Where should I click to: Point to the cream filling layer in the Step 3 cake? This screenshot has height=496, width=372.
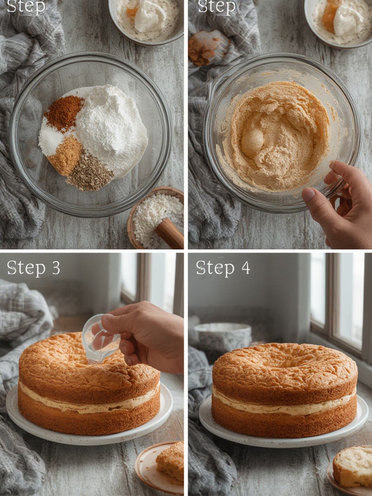(88, 403)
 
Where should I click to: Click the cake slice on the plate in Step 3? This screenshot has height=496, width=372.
(170, 461)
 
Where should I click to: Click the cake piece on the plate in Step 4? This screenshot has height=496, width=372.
(353, 467)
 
